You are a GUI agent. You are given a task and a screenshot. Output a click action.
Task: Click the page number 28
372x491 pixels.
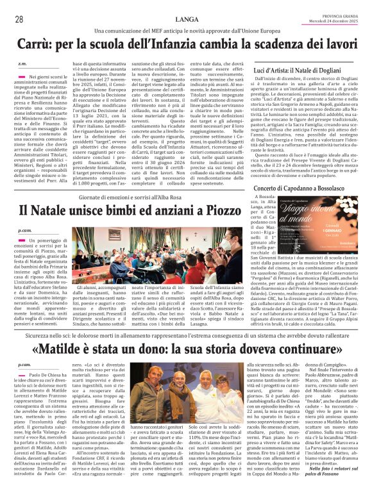19,19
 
